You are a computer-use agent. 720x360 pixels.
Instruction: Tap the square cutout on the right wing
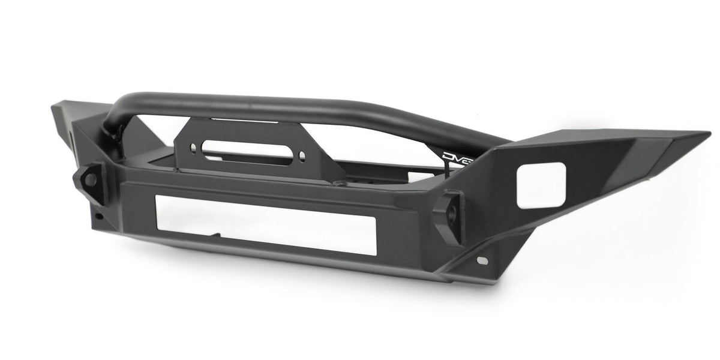click(541, 185)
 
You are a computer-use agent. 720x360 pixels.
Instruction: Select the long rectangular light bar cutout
click(265, 224)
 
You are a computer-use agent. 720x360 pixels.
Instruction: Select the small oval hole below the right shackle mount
click(482, 260)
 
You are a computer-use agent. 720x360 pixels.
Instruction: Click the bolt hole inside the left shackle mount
click(90, 178)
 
